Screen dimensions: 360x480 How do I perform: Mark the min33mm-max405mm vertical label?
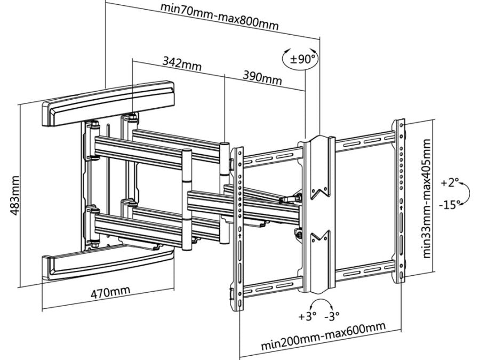(427, 198)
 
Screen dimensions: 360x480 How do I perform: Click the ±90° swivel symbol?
(302, 59)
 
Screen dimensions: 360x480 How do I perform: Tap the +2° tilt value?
(450, 183)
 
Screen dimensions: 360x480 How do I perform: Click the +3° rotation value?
(307, 315)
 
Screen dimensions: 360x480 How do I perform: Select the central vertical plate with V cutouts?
(319, 213)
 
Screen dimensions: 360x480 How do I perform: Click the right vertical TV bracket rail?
(399, 200)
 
